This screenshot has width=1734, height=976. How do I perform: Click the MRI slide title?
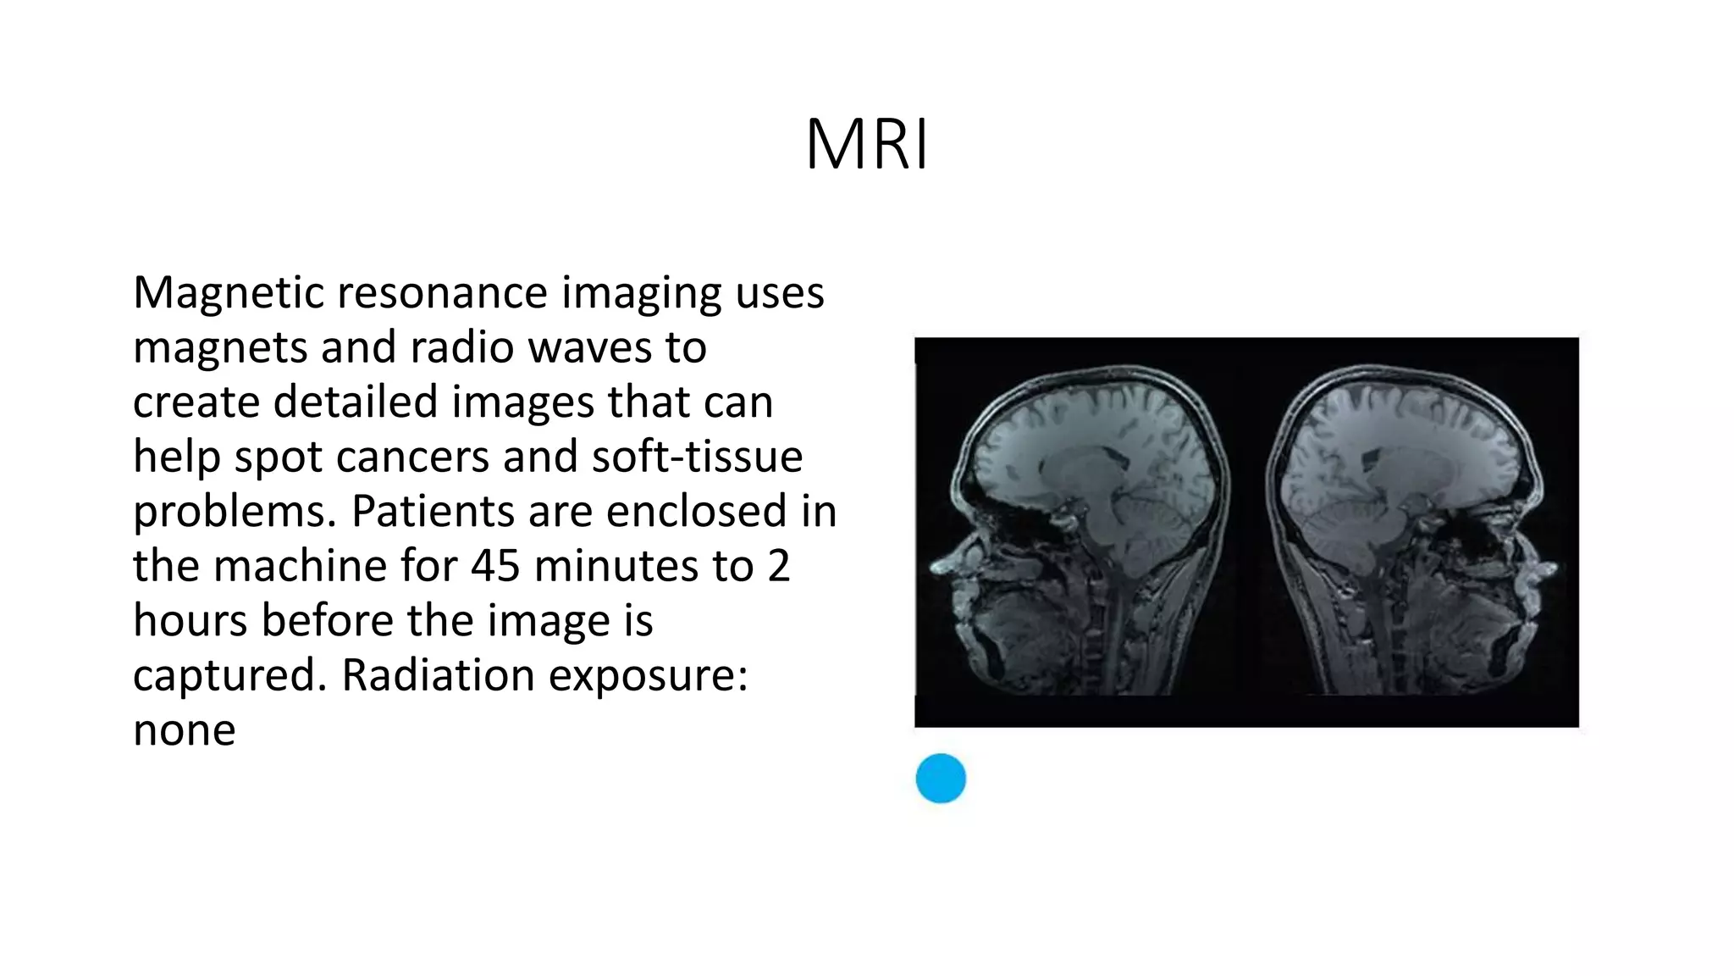tap(866, 145)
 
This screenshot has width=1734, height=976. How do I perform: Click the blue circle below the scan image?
tap(941, 778)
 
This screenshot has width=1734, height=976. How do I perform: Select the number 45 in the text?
tap(495, 566)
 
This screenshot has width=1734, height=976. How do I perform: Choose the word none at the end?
tap(184, 731)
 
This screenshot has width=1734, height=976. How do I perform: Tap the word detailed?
tap(359, 402)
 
